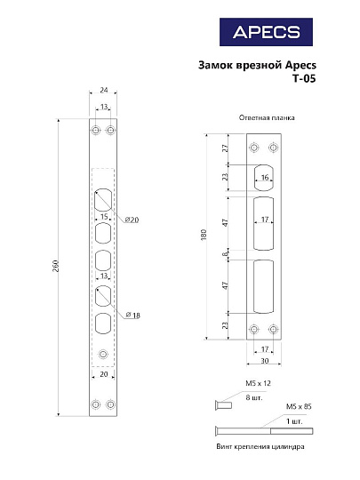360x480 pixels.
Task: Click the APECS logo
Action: click(266, 32)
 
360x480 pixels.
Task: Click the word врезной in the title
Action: click(257, 65)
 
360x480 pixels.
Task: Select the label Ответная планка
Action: click(267, 118)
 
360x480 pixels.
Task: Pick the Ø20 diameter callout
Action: click(131, 220)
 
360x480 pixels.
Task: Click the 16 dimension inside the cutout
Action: click(265, 178)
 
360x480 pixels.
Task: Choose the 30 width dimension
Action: click(265, 362)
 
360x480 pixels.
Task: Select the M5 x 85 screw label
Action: click(298, 406)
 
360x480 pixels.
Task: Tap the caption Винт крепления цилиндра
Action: click(266, 447)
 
